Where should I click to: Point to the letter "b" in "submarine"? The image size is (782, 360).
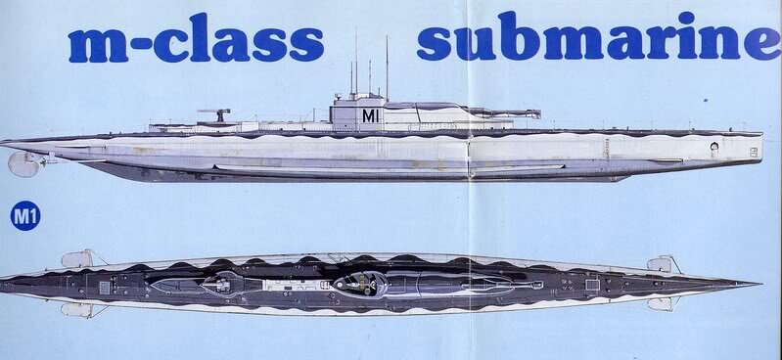(529, 39)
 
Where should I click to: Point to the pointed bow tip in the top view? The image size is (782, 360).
(759, 283)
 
